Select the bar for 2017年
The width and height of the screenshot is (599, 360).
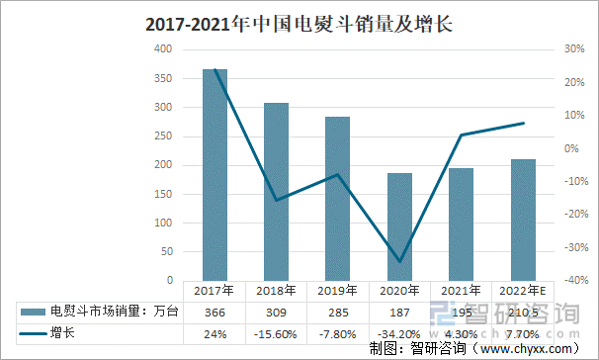point(214,174)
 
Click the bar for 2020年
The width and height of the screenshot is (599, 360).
point(399,226)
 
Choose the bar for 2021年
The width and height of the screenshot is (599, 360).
point(461,225)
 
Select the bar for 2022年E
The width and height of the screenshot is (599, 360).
point(523,220)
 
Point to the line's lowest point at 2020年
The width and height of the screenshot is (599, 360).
point(399,261)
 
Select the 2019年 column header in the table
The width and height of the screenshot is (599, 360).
point(338,292)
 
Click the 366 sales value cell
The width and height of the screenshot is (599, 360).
point(214,313)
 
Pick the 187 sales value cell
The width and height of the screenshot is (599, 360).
point(399,313)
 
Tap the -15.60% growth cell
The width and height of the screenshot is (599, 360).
point(277,333)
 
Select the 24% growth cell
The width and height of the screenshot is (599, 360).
point(214,333)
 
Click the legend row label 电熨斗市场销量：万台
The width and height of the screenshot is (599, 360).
point(115,313)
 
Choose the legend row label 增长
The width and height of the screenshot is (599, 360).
point(63,333)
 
